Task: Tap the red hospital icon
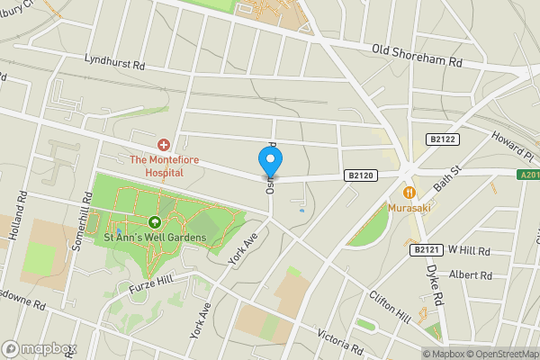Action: [x=164, y=144]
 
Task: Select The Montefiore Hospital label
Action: [x=157, y=166]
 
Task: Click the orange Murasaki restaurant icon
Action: [x=409, y=192]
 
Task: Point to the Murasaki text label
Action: [x=409, y=208]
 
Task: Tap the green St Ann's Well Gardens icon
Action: [x=155, y=221]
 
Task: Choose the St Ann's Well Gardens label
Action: [x=155, y=238]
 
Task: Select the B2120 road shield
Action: [x=358, y=177]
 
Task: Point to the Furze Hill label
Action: [x=155, y=285]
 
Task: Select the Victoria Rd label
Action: [x=339, y=342]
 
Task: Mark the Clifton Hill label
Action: [x=391, y=305]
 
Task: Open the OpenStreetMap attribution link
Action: [x=502, y=354]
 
